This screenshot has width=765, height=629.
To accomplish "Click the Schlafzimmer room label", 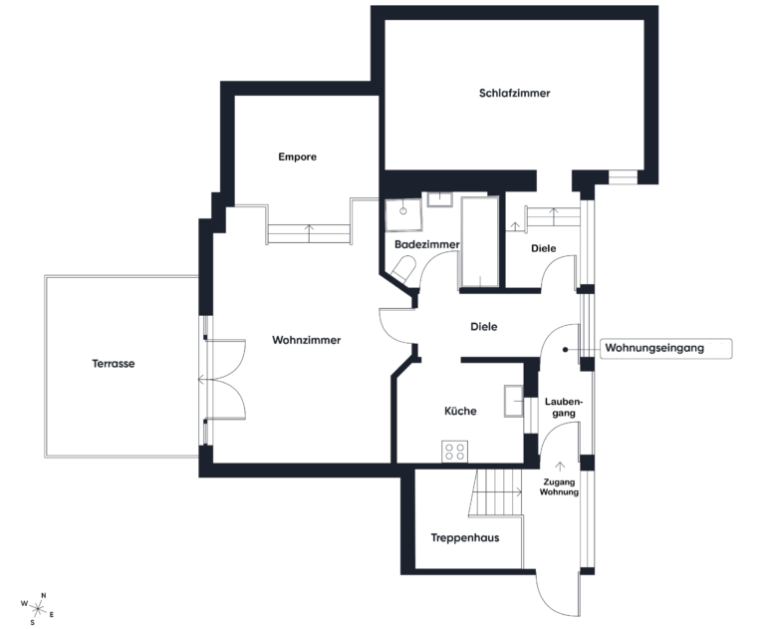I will coord(514,93).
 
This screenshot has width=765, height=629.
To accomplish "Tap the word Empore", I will coord(297,157).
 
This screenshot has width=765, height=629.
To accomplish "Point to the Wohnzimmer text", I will coord(306,340).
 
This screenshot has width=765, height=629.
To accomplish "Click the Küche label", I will coord(459,411).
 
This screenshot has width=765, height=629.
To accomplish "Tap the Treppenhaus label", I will coord(464,538).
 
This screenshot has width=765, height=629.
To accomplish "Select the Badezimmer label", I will coord(426,244).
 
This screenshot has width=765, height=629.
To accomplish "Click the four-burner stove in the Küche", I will coord(454,452).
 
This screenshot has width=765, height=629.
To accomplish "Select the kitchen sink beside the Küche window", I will coord(514,399).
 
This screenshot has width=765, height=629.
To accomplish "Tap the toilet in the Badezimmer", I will coord(403,268).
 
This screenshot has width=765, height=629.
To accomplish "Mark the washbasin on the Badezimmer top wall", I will coord(439,200).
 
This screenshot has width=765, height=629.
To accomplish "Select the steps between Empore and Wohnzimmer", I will coord(309,233).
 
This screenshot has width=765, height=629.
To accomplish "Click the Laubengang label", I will coord(562,408).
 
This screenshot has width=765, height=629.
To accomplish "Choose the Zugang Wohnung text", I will coord(559,485).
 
